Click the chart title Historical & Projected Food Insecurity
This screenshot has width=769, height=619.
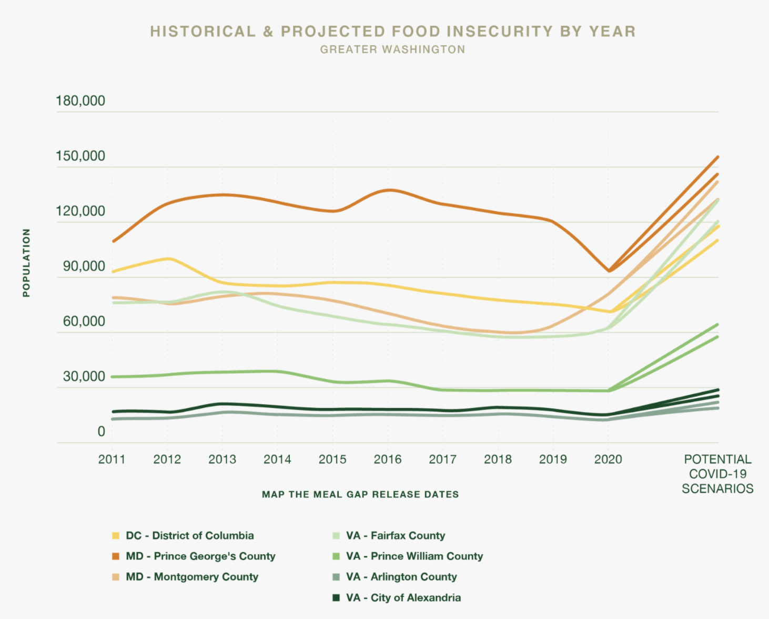[x=392, y=32]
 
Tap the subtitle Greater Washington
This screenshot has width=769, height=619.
[x=392, y=49]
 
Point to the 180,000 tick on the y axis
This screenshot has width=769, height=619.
[x=80, y=101]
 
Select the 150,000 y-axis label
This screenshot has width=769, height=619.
[x=80, y=156]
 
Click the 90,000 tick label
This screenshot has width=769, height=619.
[x=84, y=266]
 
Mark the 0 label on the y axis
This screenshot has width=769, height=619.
[x=101, y=432]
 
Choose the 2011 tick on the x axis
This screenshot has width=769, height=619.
[x=112, y=460]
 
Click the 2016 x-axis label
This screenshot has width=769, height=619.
[x=388, y=460]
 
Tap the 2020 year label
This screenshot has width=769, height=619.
[x=608, y=460]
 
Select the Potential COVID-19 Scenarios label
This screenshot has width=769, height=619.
[x=717, y=474]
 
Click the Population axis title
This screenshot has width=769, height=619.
[x=26, y=263]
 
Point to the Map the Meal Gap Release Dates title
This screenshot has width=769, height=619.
[x=360, y=495]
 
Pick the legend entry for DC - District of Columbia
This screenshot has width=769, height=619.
[x=189, y=536]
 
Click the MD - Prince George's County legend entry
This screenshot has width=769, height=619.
[x=200, y=556]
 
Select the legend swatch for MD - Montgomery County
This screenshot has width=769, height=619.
[x=116, y=577]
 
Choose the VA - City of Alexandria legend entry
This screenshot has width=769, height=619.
[x=403, y=598]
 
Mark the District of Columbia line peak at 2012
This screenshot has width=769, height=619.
[x=168, y=258]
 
